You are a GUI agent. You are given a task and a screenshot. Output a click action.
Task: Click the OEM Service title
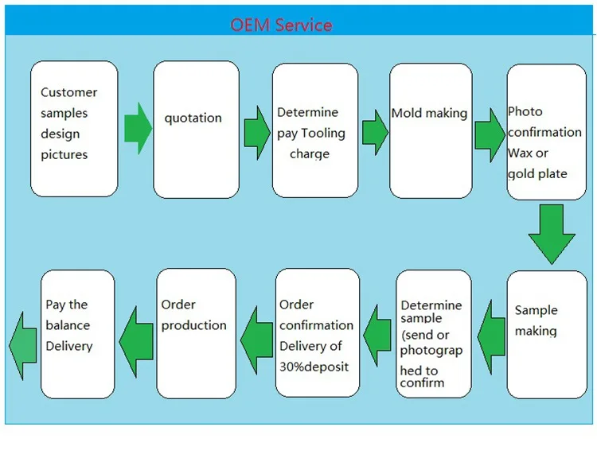click(x=281, y=25)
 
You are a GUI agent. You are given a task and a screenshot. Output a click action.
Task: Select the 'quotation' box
click(x=196, y=130)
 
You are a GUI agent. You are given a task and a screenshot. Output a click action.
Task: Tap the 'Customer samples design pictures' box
click(x=74, y=129)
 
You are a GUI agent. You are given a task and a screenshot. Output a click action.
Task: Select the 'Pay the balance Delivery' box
click(x=77, y=334)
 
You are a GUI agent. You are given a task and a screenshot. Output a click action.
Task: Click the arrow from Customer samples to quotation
click(x=136, y=128)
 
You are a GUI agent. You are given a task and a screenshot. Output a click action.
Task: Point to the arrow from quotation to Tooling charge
click(x=256, y=128)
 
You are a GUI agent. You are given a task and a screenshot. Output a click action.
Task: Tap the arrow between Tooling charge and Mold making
click(x=375, y=130)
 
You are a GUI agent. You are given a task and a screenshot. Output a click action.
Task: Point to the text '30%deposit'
click(x=314, y=367)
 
